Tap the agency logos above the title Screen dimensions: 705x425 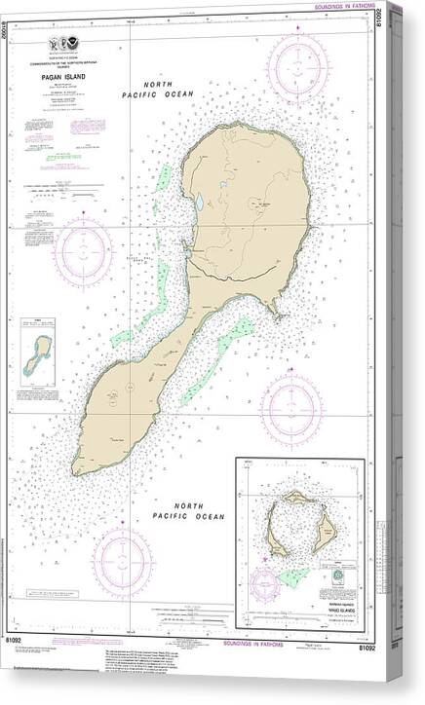click(x=66, y=45)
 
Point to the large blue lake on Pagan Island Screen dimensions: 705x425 click(x=199, y=204)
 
